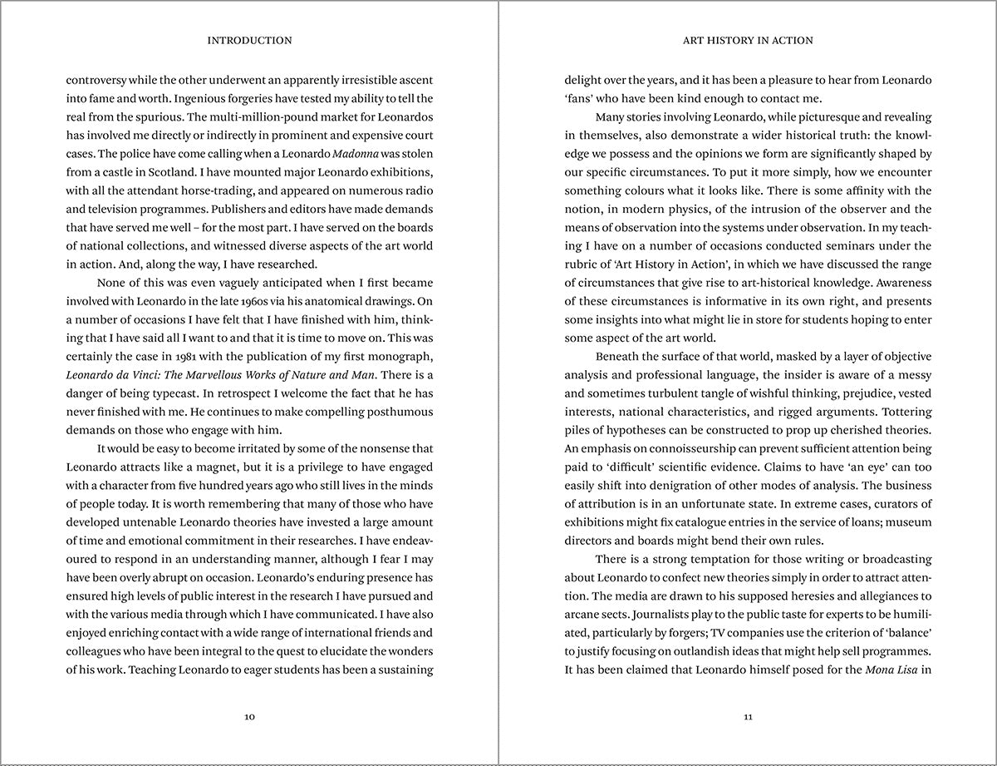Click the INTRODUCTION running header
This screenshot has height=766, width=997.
(249, 40)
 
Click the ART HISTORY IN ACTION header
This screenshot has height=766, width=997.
(748, 40)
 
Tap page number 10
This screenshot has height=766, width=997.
(249, 717)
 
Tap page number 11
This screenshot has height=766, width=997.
(748, 717)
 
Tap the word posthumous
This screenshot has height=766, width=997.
(402, 412)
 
